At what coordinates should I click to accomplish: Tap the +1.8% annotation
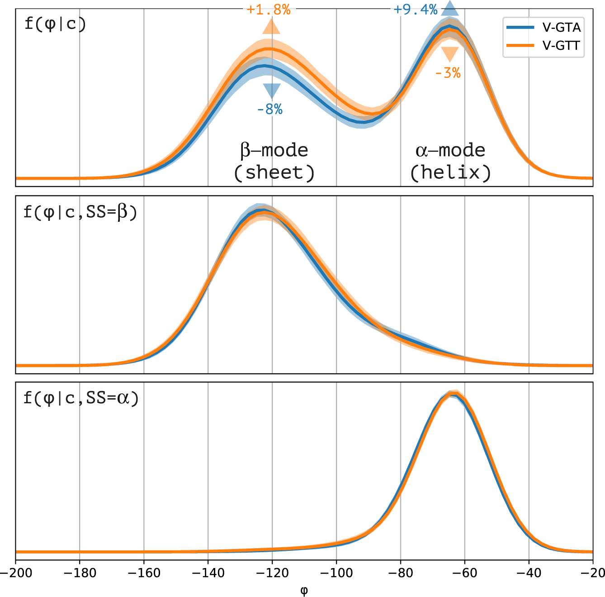click(269, 10)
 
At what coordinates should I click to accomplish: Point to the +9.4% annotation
click(416, 10)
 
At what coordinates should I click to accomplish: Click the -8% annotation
click(270, 109)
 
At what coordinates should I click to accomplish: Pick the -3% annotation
click(448, 73)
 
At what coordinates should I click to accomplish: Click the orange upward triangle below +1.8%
click(271, 27)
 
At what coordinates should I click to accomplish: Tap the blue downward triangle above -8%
click(272, 91)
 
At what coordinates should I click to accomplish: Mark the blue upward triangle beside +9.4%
click(450, 9)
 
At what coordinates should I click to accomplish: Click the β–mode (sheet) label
click(274, 161)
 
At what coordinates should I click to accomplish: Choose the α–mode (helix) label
click(450, 161)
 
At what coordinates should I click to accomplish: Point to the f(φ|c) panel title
click(55, 24)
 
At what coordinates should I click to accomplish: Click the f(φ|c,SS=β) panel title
click(80, 211)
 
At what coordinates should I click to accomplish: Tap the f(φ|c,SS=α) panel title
click(81, 398)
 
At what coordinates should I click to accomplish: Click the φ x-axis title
click(304, 590)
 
